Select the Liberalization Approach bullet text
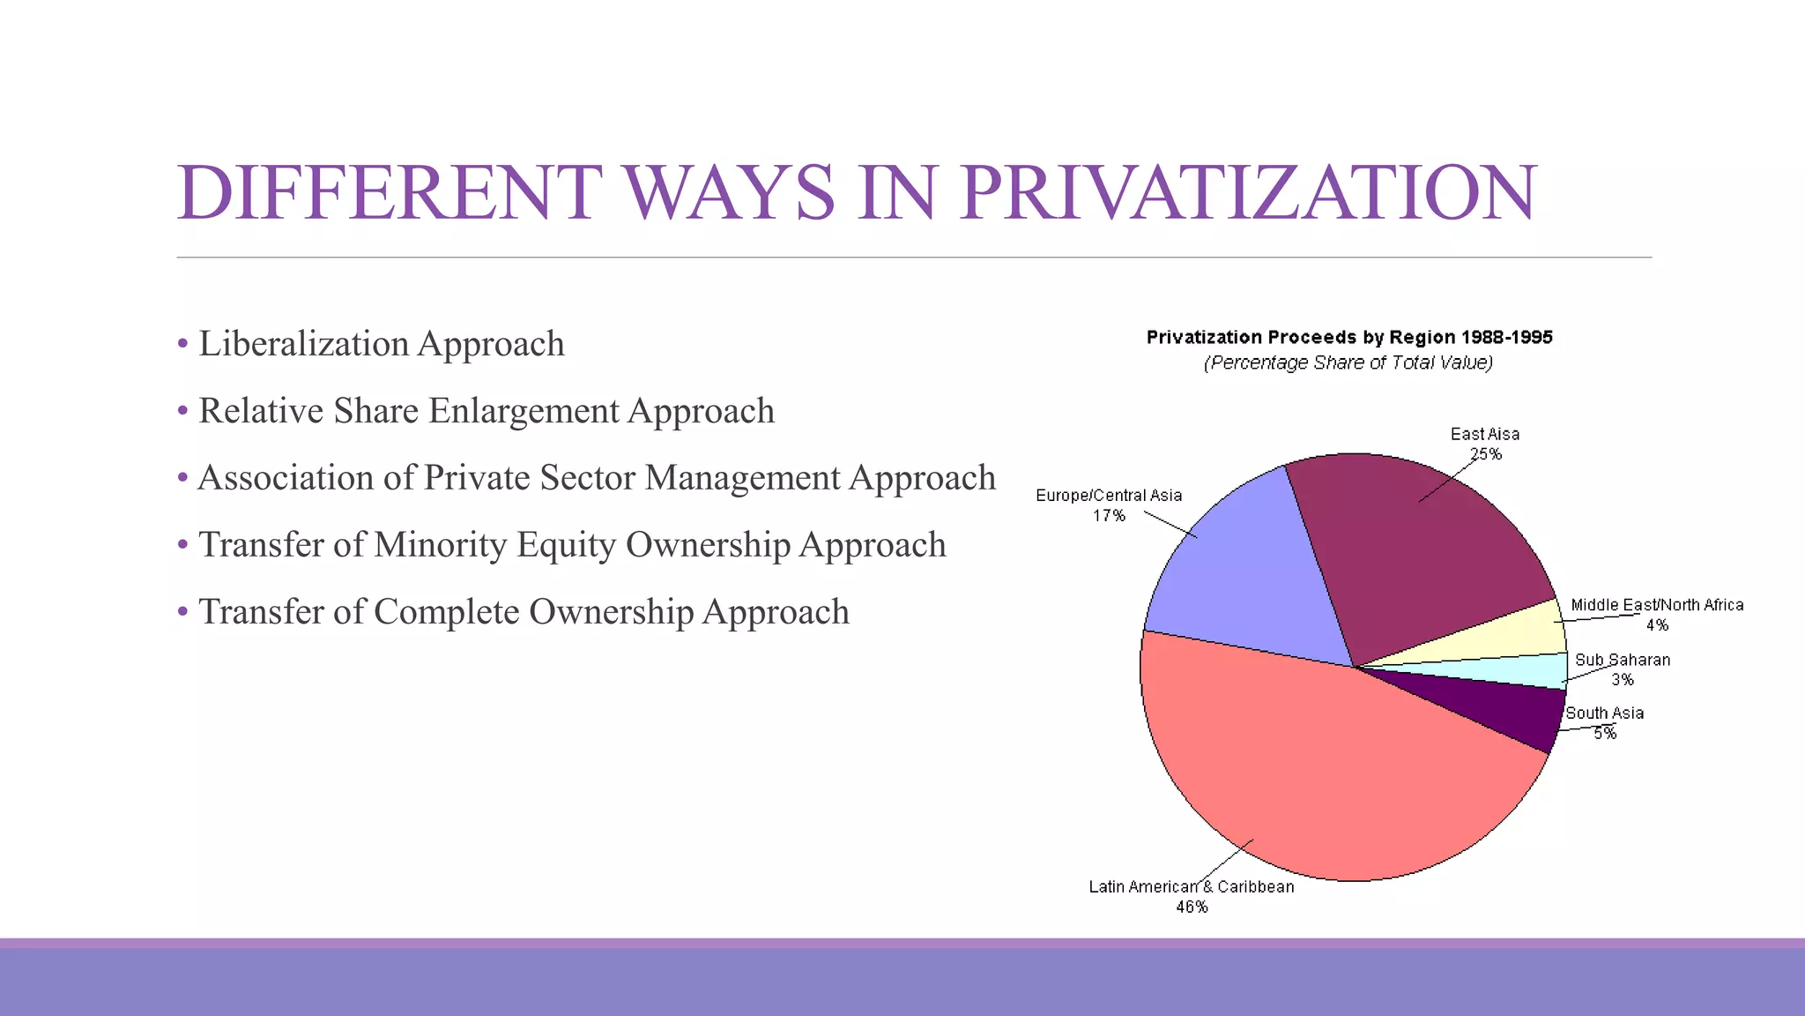point(381,344)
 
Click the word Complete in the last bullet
point(446,612)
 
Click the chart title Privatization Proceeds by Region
point(1348,337)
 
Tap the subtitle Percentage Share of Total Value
point(1348,362)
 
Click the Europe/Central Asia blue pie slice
point(1252,573)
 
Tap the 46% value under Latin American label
point(1192,907)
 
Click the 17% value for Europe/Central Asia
point(1109,515)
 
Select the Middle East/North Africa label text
point(1657,605)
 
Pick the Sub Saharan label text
point(1623,660)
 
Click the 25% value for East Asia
point(1485,454)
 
